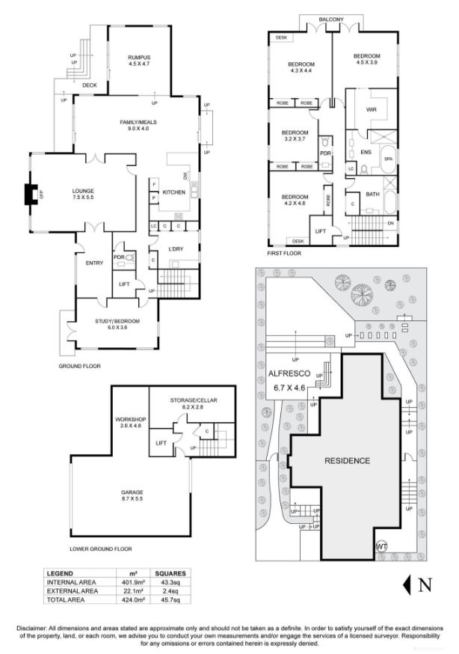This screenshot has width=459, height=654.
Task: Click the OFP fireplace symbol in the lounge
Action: pos(31,195)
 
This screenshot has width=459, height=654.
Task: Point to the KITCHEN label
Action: pos(173,192)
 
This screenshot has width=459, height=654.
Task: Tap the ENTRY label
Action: pos(94,263)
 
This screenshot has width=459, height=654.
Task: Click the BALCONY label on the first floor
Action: pos(331,19)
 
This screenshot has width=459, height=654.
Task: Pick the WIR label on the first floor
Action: pos(372,109)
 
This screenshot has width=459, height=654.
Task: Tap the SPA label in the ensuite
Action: pos(388,159)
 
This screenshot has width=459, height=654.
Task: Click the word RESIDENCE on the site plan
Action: pos(346,460)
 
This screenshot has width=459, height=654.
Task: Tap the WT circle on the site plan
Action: pos(382,545)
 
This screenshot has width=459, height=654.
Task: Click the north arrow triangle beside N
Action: pos(408,584)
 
